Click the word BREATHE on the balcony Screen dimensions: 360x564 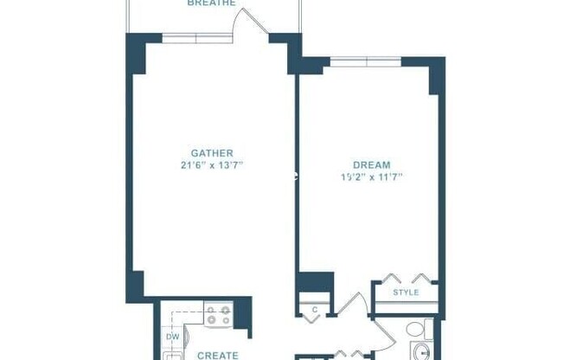click(x=212, y=3)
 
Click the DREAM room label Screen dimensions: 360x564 click(x=372, y=164)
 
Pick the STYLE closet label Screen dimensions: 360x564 click(x=406, y=292)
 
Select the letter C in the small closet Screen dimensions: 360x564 click(x=315, y=309)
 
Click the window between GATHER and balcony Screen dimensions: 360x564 click(x=197, y=37)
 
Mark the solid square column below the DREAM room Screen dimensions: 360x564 click(x=314, y=284)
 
